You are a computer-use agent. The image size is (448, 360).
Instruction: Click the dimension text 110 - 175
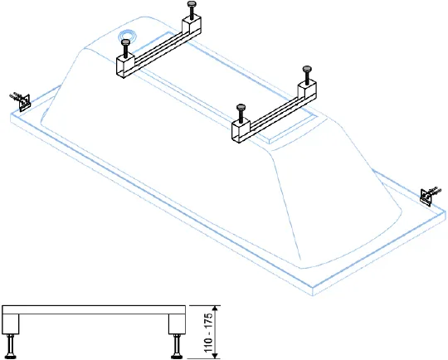pos(209,333)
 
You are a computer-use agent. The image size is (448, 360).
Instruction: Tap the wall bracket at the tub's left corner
pos(22,101)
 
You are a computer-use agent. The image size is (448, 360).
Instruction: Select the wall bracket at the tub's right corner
pos(429,195)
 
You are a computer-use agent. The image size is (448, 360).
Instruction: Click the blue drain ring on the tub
pos(128,37)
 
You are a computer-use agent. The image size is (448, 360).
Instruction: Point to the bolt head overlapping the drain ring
pos(126,42)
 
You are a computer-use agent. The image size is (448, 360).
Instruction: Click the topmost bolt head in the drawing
pos(192,3)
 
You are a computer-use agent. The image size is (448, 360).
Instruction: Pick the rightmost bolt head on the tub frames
pos(307,69)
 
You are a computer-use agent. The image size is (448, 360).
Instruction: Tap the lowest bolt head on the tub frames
pos(241,107)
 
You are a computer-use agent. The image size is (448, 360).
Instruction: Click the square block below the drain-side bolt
pos(125,66)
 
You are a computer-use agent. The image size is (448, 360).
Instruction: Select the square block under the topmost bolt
pos(192,26)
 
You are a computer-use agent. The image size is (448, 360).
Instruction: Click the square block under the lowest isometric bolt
pos(241,131)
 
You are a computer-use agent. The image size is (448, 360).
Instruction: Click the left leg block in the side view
pos(11,324)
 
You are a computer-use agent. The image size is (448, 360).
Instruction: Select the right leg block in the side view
pos(177,324)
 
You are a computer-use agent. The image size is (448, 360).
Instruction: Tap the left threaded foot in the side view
pos(11,346)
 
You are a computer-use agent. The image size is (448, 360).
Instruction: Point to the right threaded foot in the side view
pos(176,346)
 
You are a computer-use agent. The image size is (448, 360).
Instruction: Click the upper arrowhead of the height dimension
pos(216,309)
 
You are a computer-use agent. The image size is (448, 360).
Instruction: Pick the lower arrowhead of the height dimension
pos(216,355)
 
